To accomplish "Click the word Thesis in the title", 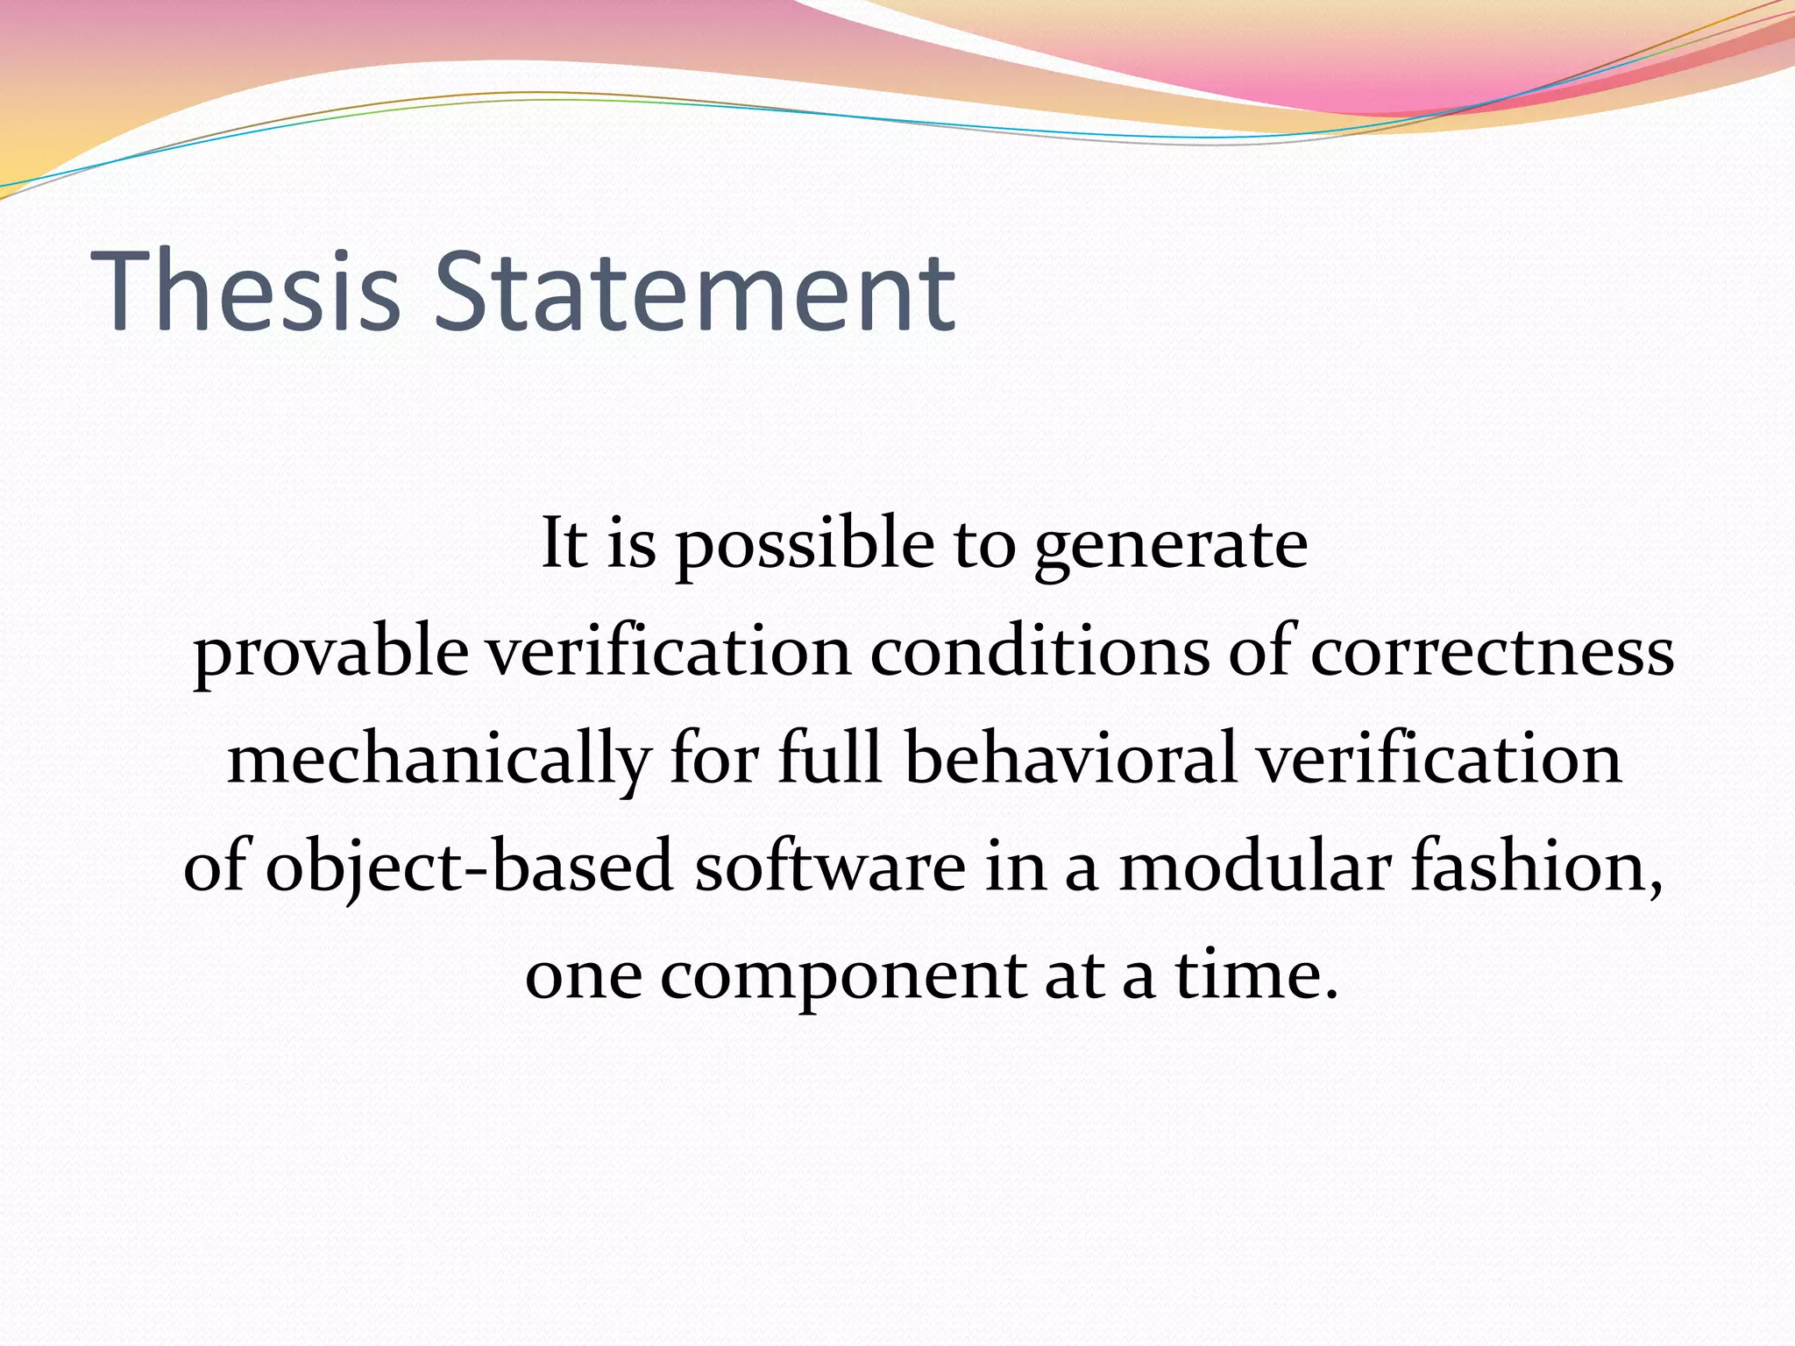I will coord(245,292).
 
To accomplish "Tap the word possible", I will coord(805,545).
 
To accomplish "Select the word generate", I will coord(1171,545).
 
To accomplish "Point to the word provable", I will coord(330,653).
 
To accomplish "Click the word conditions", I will coord(1039,653).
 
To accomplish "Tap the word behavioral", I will coord(1070,759).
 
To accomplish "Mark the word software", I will coord(830,866).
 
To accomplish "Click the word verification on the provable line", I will coord(669,653).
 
